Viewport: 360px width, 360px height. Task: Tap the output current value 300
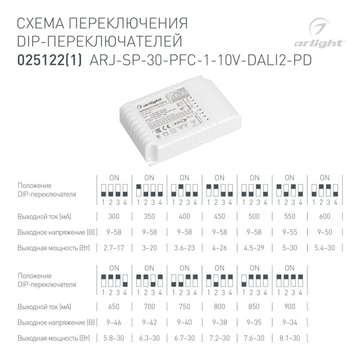click(x=114, y=217)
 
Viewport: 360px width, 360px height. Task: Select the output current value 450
click(x=219, y=217)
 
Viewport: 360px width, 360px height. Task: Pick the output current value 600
click(x=325, y=217)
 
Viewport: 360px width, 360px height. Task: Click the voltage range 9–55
click(x=290, y=232)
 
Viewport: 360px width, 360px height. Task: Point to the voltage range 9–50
click(x=325, y=232)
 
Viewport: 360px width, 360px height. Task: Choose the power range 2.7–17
click(x=114, y=248)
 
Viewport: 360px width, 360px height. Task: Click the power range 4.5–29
click(x=254, y=248)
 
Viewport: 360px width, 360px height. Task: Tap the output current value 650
click(x=114, y=307)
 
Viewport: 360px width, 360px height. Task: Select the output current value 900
click(x=290, y=307)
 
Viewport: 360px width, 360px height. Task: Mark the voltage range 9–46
click(x=114, y=322)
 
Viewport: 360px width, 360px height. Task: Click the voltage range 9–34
click(x=290, y=322)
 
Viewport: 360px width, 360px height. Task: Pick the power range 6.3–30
click(x=149, y=338)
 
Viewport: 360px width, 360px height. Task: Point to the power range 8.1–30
click(x=290, y=338)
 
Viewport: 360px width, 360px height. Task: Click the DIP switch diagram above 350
click(x=149, y=190)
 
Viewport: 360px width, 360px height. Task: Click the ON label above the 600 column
click(x=325, y=177)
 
